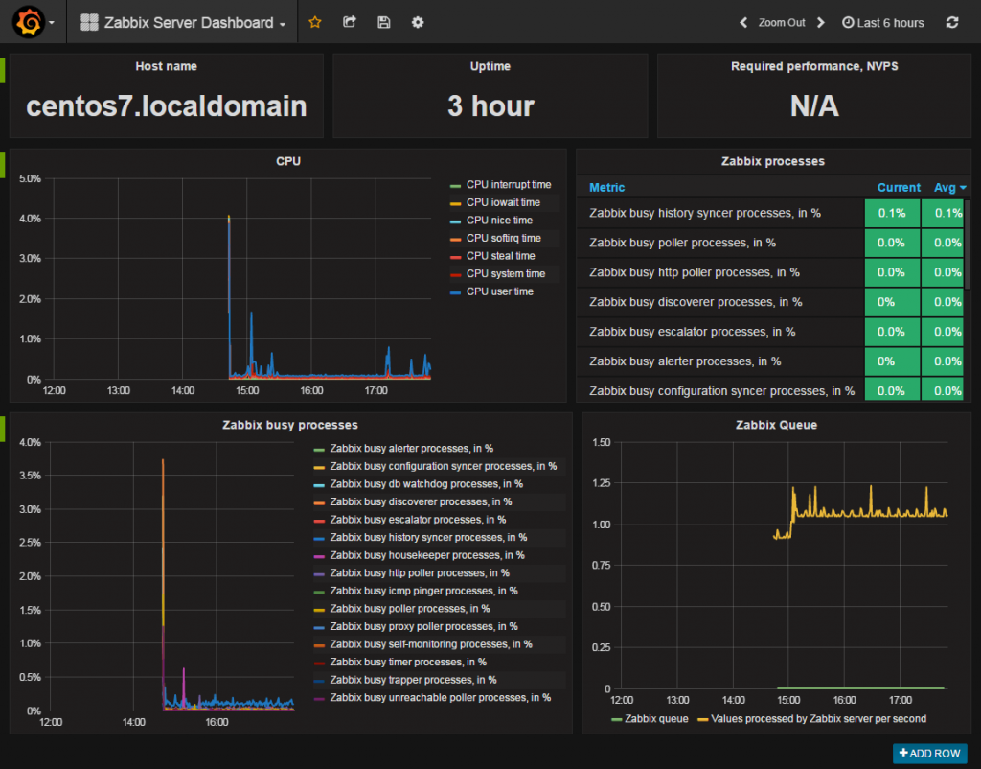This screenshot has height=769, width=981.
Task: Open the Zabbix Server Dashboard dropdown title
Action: (x=184, y=22)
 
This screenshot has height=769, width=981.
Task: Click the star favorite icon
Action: (x=315, y=22)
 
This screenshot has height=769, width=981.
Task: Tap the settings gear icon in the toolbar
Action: (x=418, y=22)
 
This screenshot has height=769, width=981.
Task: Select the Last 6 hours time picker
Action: (x=882, y=22)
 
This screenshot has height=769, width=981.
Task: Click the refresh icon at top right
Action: (x=951, y=22)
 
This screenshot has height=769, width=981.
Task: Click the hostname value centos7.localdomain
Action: (x=167, y=105)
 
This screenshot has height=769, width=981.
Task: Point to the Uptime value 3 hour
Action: (x=490, y=105)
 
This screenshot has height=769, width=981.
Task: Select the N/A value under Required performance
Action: (x=813, y=105)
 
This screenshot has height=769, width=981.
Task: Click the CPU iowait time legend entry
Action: (x=502, y=202)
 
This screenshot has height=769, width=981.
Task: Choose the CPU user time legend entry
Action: (x=499, y=291)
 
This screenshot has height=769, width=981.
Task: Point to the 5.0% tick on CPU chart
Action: (x=30, y=178)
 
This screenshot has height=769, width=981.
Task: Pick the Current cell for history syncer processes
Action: (x=891, y=213)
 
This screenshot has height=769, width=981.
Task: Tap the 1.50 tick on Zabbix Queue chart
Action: (x=601, y=442)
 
